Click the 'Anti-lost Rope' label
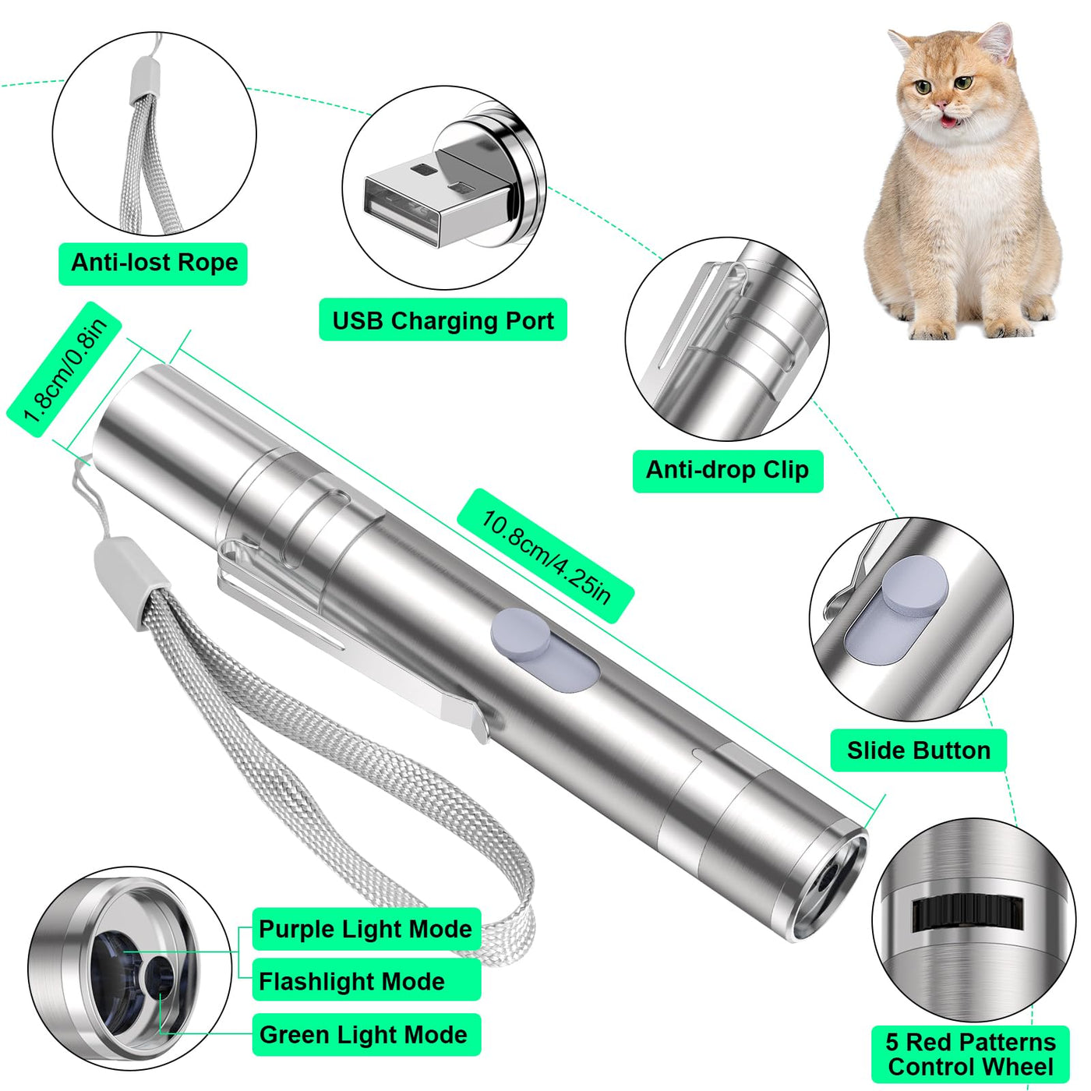[154, 263]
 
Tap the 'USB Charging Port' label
[443, 320]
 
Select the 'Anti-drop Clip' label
[728, 471]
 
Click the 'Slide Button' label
[918, 750]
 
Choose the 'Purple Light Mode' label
[366, 928]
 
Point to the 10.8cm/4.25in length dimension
[545, 556]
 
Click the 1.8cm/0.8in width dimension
[65, 369]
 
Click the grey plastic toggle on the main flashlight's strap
[132, 583]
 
